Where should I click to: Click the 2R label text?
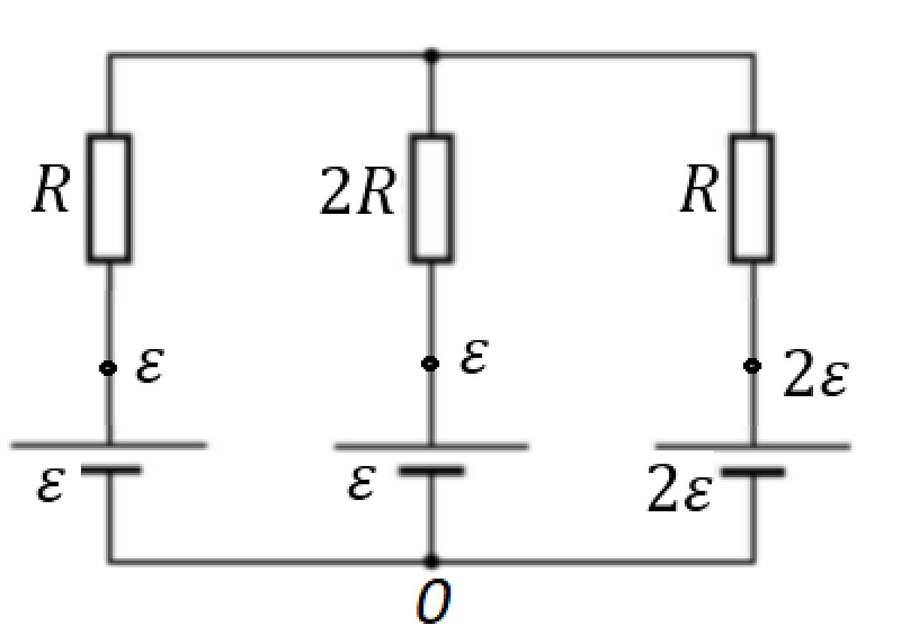click(358, 191)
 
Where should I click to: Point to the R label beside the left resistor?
click(52, 189)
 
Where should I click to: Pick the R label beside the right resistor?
click(700, 189)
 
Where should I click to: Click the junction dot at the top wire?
click(431, 55)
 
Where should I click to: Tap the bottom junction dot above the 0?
click(431, 562)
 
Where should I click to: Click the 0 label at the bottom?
click(434, 601)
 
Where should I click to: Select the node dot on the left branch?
click(108, 369)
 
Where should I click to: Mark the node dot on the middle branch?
click(430, 364)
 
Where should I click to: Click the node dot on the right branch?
click(753, 366)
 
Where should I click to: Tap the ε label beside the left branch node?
click(150, 365)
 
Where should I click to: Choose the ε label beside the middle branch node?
click(475, 357)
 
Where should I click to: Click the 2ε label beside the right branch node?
click(816, 373)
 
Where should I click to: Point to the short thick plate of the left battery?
click(111, 470)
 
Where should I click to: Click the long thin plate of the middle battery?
click(431, 447)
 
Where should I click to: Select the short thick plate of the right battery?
click(753, 472)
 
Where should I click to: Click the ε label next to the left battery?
click(51, 486)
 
